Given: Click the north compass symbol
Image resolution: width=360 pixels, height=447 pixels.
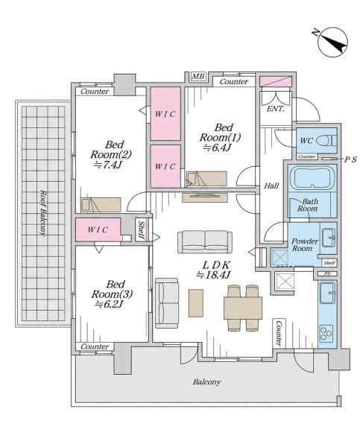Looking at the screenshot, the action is click(x=332, y=42).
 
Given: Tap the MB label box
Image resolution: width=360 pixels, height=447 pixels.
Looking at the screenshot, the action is click(x=198, y=77).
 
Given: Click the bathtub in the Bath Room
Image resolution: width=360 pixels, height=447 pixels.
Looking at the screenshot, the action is click(x=312, y=179).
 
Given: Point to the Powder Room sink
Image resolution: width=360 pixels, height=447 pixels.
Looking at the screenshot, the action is click(x=329, y=238).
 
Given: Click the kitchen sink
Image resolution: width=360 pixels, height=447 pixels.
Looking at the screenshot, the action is click(x=327, y=293).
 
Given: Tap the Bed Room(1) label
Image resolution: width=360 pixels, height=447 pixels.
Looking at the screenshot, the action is click(x=220, y=133).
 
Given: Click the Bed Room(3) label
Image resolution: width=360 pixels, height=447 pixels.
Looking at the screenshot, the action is click(x=112, y=289).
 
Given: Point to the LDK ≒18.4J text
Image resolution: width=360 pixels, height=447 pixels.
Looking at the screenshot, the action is click(x=213, y=270).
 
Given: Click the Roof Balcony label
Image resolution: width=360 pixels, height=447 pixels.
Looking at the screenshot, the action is click(x=42, y=212).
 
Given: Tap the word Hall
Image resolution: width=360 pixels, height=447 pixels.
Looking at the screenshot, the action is click(x=271, y=186).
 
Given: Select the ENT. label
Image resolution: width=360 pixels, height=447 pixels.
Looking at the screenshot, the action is click(x=275, y=109).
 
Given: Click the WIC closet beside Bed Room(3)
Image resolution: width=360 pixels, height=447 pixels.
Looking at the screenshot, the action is click(x=98, y=229).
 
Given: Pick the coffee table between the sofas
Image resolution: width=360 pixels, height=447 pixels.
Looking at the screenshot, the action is click(x=196, y=303).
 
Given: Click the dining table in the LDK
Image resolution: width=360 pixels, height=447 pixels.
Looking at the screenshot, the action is click(x=243, y=308).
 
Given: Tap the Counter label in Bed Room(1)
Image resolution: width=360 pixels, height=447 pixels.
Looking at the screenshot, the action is click(x=234, y=82).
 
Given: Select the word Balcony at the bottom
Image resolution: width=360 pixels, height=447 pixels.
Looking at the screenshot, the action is click(x=206, y=381).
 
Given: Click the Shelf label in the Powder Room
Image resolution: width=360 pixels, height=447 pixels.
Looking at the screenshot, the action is click(x=329, y=263).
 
